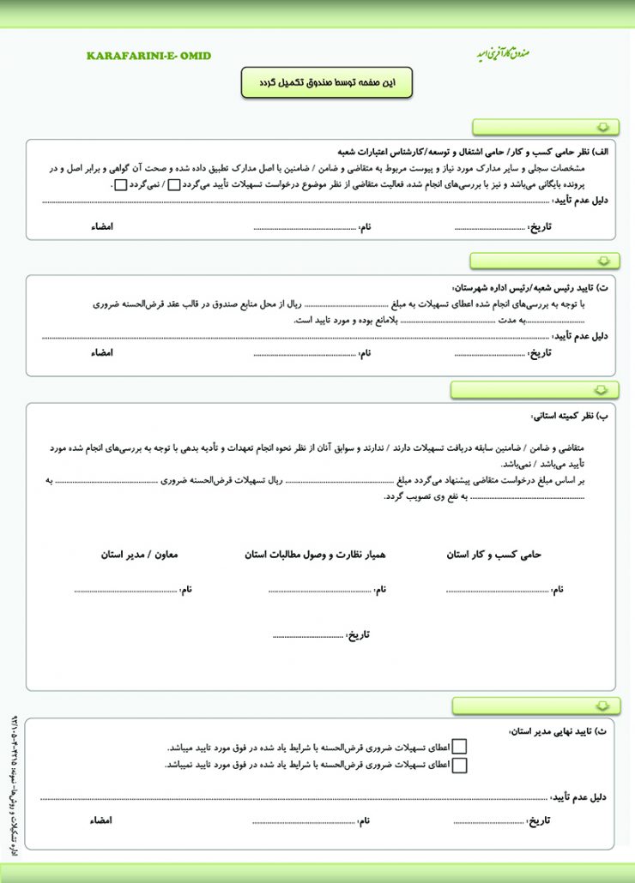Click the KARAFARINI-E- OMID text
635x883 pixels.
tap(148, 56)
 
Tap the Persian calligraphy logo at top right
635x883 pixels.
tap(504, 53)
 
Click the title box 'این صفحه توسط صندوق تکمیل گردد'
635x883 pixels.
tap(326, 82)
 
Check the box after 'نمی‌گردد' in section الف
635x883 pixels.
tap(121, 184)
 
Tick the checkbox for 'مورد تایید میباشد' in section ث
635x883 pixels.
tap(460, 748)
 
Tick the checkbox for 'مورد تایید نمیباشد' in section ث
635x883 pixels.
tap(460, 765)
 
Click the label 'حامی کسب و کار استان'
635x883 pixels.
tap(494, 555)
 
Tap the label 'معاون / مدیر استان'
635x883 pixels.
tap(139, 555)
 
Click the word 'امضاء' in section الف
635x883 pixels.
tap(102, 227)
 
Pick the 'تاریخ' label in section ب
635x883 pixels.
tap(358, 634)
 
